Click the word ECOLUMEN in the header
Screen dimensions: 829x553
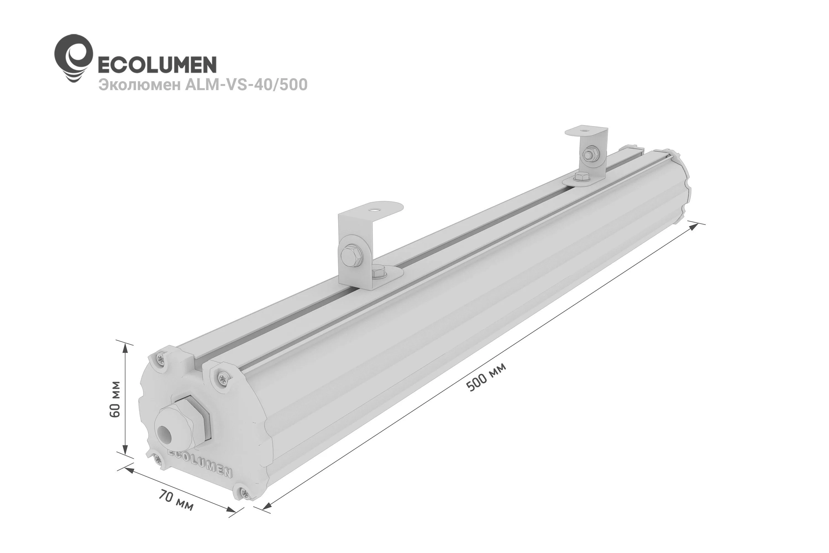click(157, 65)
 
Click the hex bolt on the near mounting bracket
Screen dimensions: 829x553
click(350, 254)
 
